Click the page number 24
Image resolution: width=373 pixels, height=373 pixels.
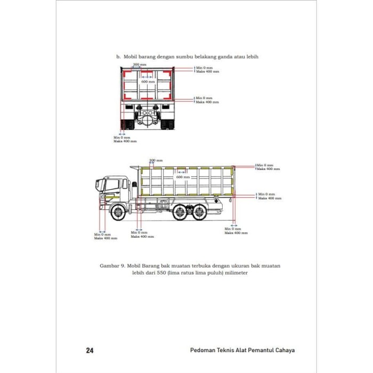tap(90, 351)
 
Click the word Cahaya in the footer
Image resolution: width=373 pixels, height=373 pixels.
tap(280, 351)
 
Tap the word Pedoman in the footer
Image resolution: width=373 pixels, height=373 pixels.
tap(204, 351)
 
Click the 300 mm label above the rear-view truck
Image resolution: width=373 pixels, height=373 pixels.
tap(140, 64)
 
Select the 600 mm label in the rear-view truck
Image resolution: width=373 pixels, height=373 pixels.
tap(148, 82)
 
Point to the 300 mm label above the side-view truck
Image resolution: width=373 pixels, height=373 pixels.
tap(156, 160)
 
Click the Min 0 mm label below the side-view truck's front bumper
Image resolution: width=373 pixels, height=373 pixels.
tap(102, 234)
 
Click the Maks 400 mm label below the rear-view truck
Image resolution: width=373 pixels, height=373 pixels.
tap(125, 141)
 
